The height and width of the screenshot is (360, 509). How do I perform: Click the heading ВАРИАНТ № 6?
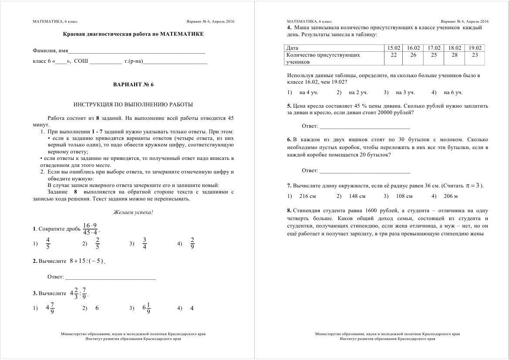133,85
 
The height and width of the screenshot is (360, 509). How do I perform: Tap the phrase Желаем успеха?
133,212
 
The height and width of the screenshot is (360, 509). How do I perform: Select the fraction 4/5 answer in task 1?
48,244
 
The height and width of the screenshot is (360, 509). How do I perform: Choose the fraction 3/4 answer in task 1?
145,244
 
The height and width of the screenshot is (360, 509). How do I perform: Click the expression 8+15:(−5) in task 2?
87,261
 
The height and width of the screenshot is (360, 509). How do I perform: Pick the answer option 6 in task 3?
97,308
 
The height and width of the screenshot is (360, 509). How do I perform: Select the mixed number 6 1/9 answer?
147,308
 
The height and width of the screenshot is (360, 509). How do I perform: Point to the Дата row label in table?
293,48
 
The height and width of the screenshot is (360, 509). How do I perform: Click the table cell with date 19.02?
475,48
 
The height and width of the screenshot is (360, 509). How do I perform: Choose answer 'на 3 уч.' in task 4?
405,92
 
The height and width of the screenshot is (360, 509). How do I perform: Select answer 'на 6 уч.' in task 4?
453,92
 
